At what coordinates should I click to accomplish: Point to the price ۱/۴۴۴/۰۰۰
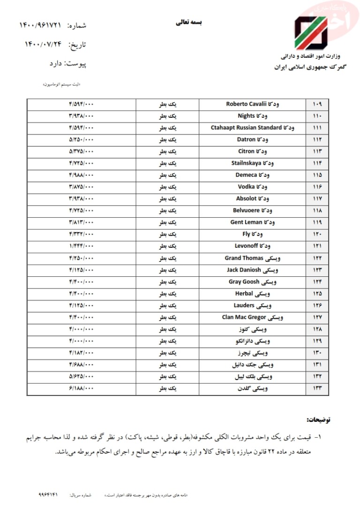(x=81, y=246)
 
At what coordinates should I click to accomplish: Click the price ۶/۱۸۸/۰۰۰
(x=81, y=388)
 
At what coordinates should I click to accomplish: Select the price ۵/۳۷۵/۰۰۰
(x=81, y=151)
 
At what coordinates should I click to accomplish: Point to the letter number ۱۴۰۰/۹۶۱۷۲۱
(x=40, y=24)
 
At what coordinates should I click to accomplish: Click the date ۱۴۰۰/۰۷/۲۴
(x=43, y=45)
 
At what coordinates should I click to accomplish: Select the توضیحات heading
(x=318, y=419)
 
